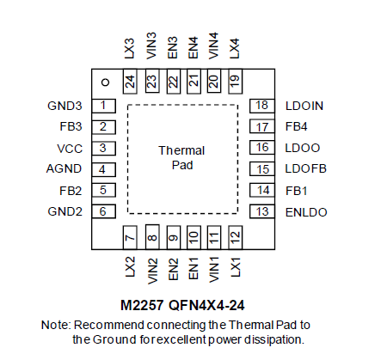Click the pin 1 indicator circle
pyautogui.click(x=106, y=82)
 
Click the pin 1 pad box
pyautogui.click(x=103, y=106)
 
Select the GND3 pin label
pyautogui.click(x=65, y=106)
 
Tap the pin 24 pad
pyautogui.click(x=130, y=82)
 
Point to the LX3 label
pyautogui.click(x=130, y=49)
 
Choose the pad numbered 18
pyautogui.click(x=262, y=106)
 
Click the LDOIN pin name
pyautogui.click(x=304, y=106)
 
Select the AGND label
pyautogui.click(x=64, y=168)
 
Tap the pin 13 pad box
pyautogui.click(x=262, y=212)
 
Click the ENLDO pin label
pyautogui.click(x=306, y=212)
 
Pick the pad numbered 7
pyautogui.click(x=130, y=237)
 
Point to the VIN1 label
pyautogui.click(x=214, y=269)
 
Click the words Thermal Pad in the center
pyautogui.click(x=181, y=158)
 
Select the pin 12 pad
pyautogui.click(x=235, y=237)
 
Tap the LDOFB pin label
pyautogui.click(x=306, y=168)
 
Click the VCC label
pyautogui.click(x=70, y=149)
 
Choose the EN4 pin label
pyautogui.click(x=194, y=47)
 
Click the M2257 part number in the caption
pyautogui.click(x=142, y=305)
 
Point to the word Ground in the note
pyautogui.click(x=114, y=339)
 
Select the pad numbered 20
pyautogui.click(x=214, y=81)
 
